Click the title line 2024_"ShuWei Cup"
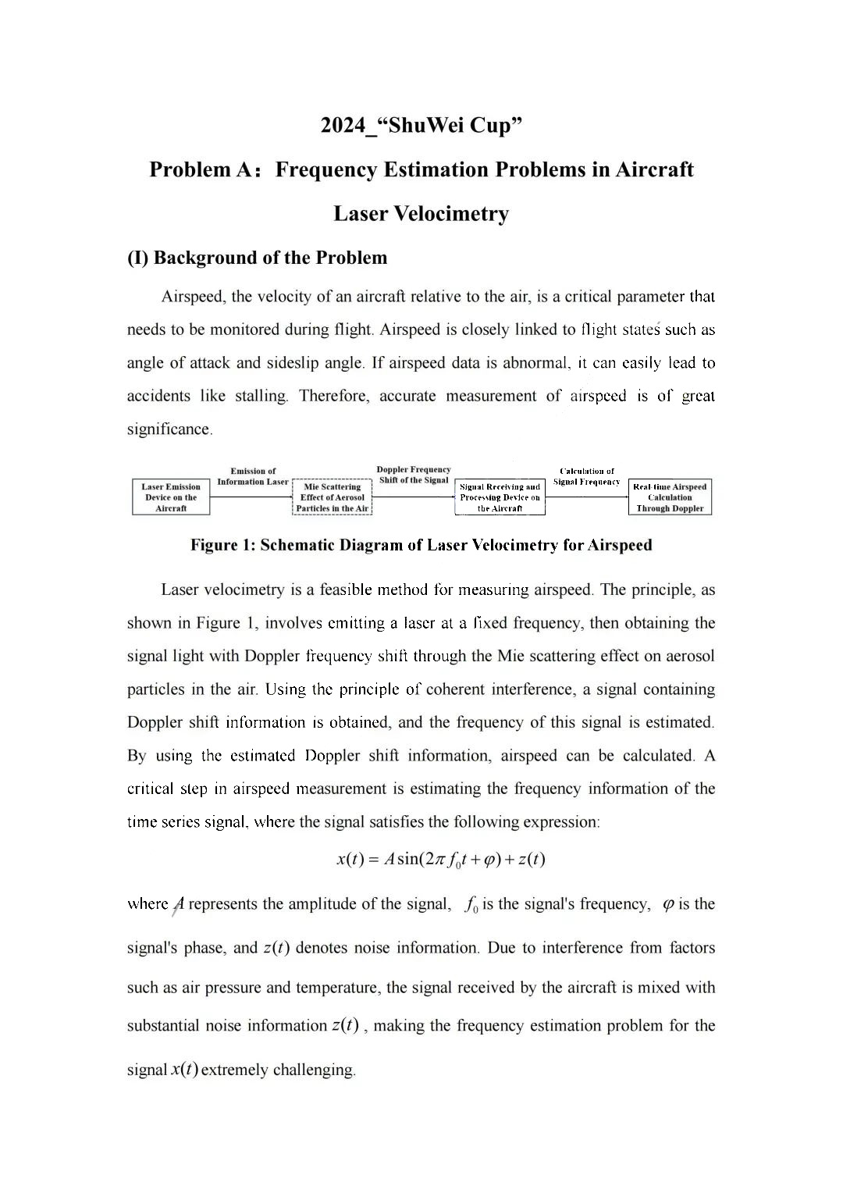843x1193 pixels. (421, 125)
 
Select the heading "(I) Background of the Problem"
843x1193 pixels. (257, 258)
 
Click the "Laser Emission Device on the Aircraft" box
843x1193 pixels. (171, 497)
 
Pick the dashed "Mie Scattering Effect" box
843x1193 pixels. (332, 497)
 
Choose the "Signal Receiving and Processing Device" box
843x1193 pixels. (500, 497)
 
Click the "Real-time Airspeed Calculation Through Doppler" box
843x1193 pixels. (670, 497)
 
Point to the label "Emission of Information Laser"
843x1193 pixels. (252, 476)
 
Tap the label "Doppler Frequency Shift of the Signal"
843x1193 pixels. (414, 475)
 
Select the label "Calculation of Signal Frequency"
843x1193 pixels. (587, 476)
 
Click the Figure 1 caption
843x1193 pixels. (421, 545)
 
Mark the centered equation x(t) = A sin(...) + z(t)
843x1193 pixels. (440, 860)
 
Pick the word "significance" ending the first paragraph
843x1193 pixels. (169, 429)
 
